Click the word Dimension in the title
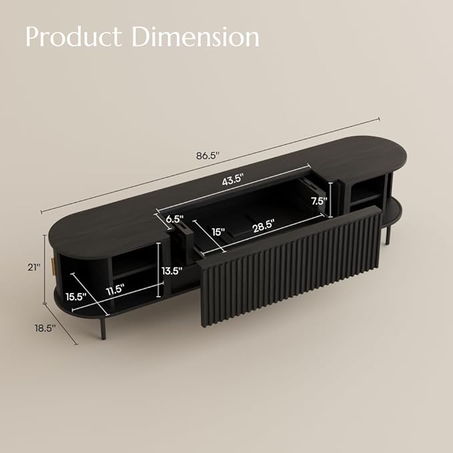click(x=195, y=37)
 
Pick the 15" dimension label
click(x=218, y=232)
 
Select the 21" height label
click(x=29, y=266)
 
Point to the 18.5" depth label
click(x=44, y=328)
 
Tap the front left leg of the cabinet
click(x=101, y=327)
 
